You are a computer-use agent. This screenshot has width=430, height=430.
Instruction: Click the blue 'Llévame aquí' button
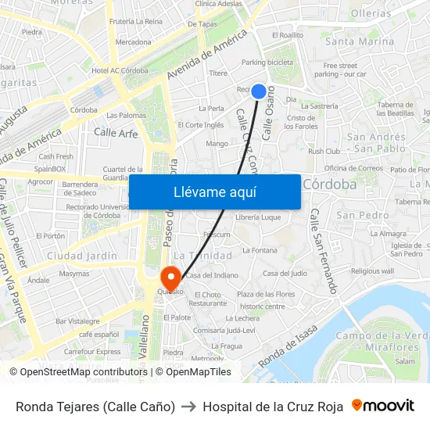[214, 192]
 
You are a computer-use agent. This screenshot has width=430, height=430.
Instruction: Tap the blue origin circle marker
[259, 91]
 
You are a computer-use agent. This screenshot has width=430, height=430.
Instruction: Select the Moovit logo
[382, 406]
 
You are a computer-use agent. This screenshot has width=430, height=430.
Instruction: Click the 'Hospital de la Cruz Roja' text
[273, 407]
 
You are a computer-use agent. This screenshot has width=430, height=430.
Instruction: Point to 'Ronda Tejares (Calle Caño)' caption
[95, 407]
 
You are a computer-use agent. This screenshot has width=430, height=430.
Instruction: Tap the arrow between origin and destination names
[188, 407]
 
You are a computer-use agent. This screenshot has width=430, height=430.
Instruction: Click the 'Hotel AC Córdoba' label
[120, 70]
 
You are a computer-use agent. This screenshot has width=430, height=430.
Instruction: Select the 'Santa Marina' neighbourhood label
[360, 41]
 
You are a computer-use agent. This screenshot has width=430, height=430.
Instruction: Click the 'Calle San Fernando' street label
[324, 250]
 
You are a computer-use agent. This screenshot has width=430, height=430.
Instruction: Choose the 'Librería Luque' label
[258, 217]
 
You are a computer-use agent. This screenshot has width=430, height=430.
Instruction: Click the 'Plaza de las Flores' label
[267, 294]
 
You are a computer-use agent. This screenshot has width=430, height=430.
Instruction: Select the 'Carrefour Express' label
[92, 352]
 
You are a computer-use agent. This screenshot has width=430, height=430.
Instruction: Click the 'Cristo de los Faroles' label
[302, 122]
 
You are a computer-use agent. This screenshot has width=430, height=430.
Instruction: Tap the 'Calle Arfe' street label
[116, 133]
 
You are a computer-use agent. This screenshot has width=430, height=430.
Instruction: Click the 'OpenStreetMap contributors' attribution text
[83, 372]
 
